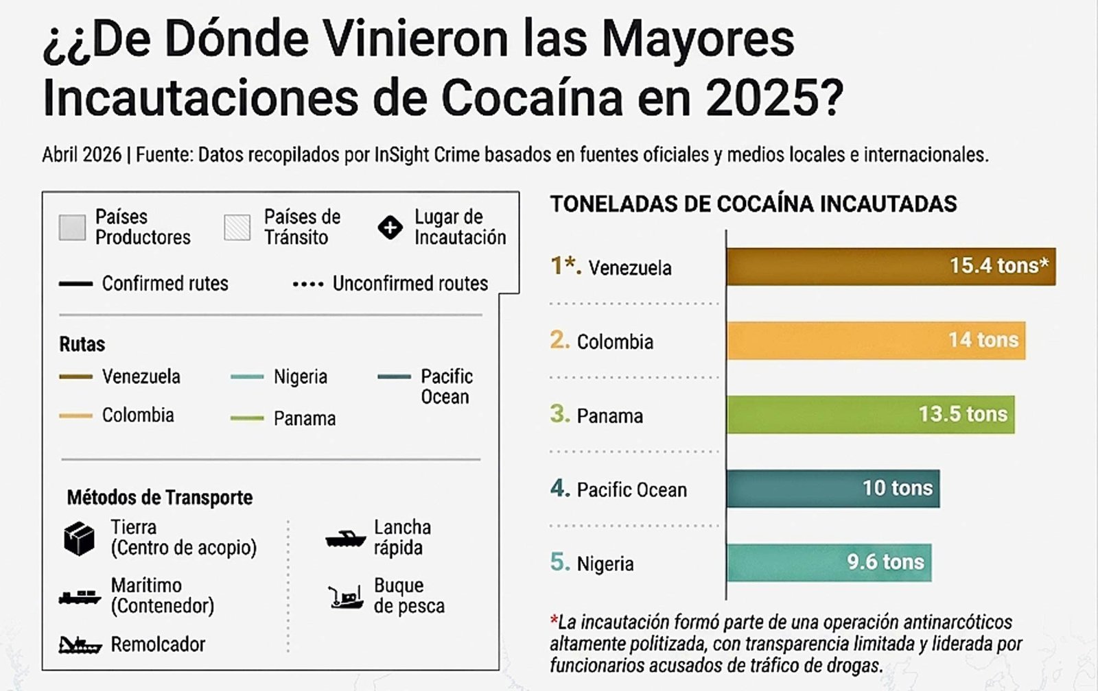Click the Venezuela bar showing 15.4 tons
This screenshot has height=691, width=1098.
pos(891,267)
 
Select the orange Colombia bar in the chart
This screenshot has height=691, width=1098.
pos(876,340)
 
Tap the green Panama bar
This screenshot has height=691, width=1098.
pos(871,414)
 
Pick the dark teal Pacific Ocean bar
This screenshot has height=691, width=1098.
pos(833,488)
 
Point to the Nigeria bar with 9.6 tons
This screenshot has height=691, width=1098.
pos(829,562)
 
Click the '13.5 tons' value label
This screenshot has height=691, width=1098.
pos(963,414)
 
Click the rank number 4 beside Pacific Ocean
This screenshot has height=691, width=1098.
pos(560,488)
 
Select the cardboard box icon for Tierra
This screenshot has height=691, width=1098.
pos(79,538)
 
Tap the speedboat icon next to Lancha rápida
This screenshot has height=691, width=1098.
pos(346,539)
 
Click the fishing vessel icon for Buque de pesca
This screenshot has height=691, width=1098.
pos(346,597)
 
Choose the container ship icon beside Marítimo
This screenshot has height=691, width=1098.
pos(80,598)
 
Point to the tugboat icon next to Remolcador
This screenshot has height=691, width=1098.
pos(80,646)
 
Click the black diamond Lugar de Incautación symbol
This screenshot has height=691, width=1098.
pos(390,227)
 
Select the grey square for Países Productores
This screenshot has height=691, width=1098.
pos(72,227)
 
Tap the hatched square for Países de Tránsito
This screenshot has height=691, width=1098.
pos(237,227)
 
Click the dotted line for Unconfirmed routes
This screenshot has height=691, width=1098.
pos(308,284)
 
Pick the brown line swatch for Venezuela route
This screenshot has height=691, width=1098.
pos(75,376)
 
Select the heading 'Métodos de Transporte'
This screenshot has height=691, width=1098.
pos(160,498)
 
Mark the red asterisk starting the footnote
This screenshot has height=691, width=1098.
pos(554,620)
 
